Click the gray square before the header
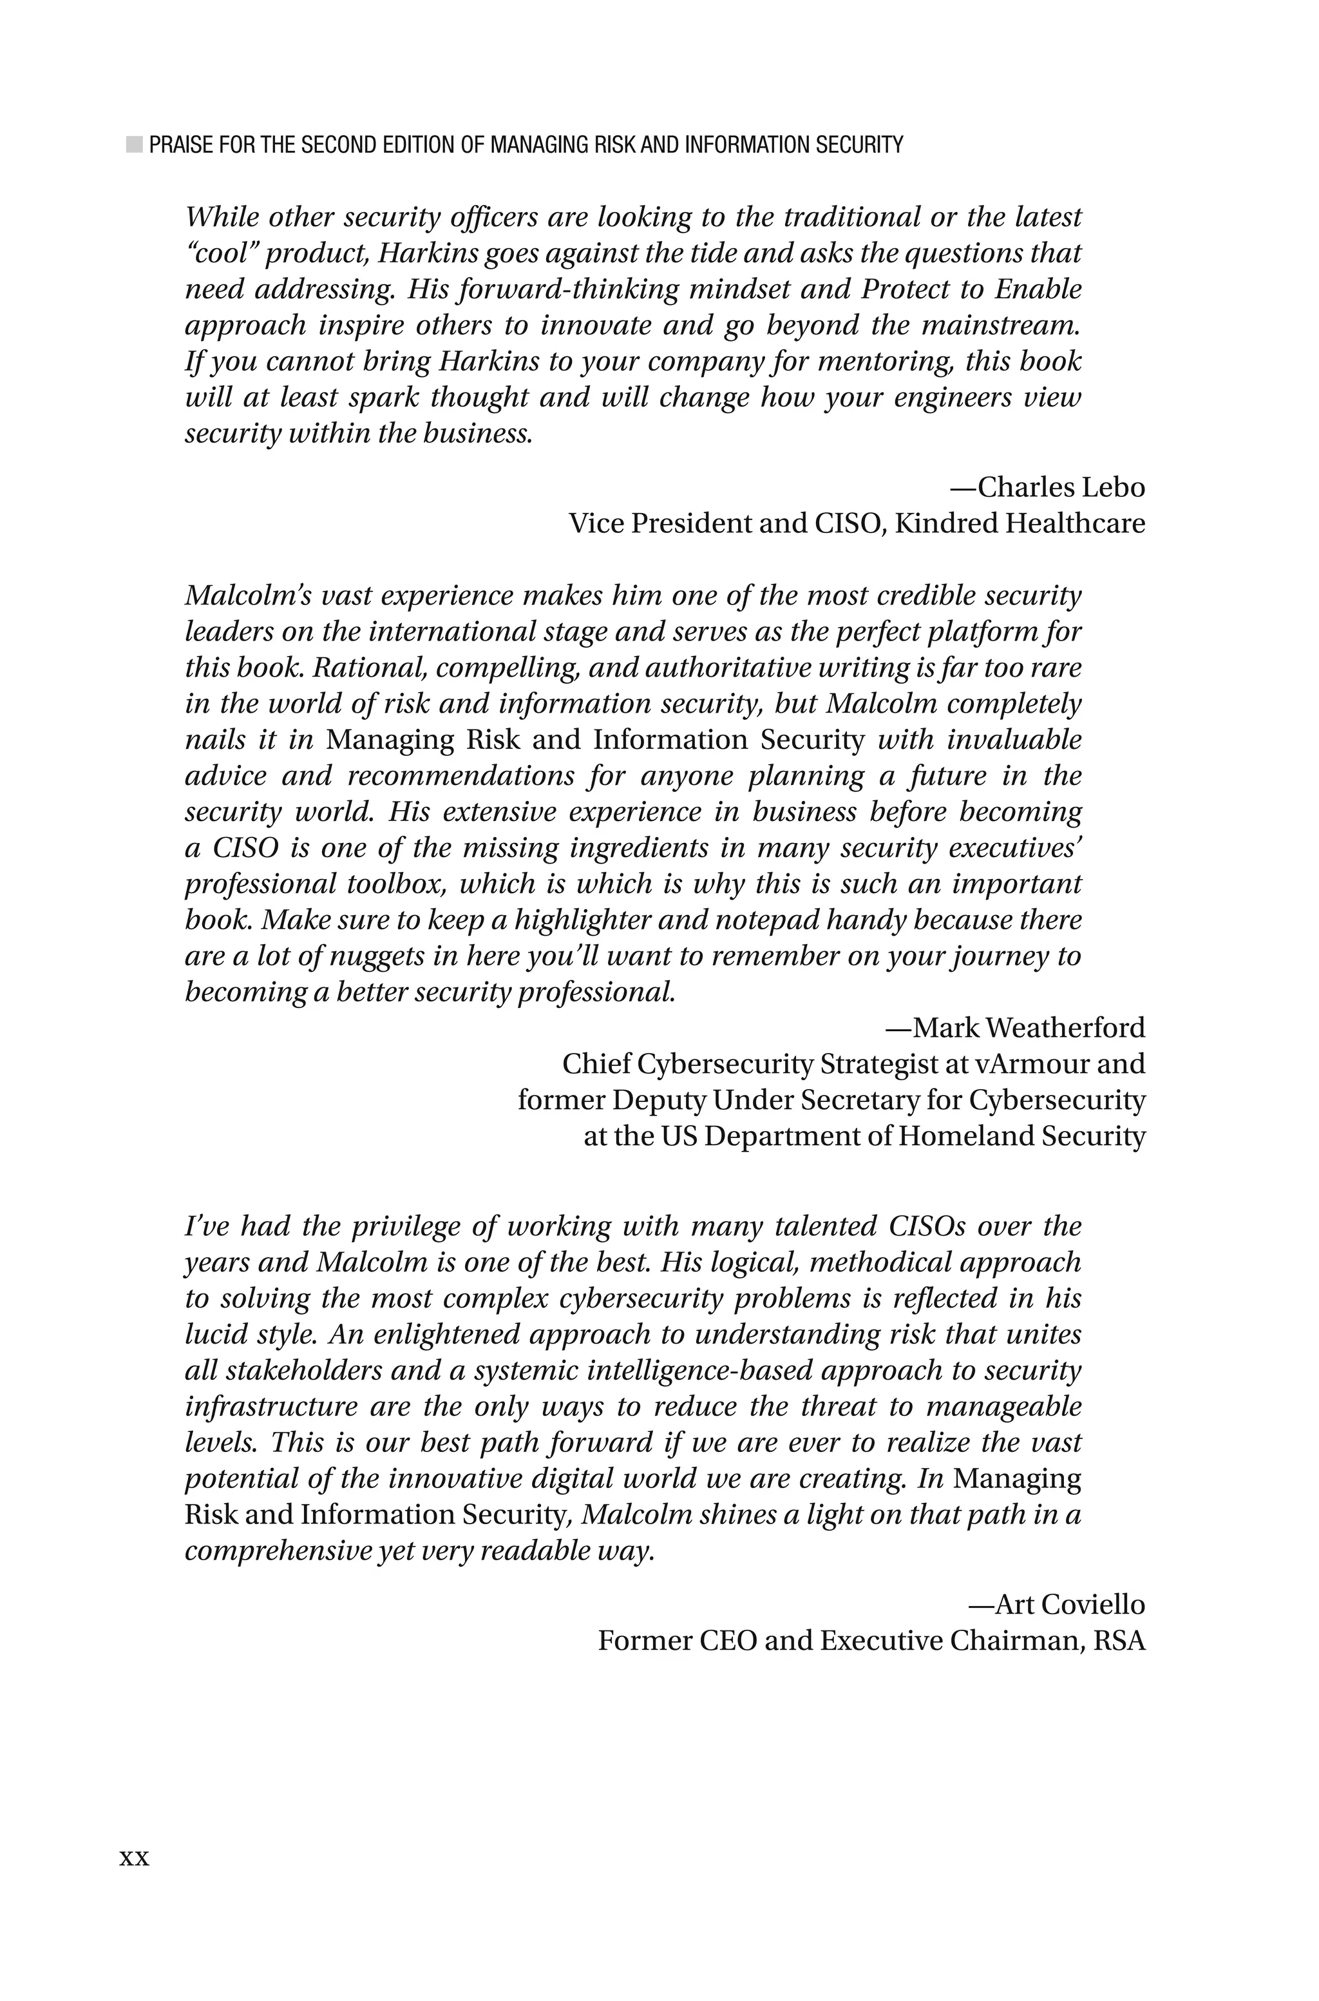click(x=134, y=145)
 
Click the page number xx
click(x=134, y=1858)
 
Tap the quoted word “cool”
click(x=220, y=253)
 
